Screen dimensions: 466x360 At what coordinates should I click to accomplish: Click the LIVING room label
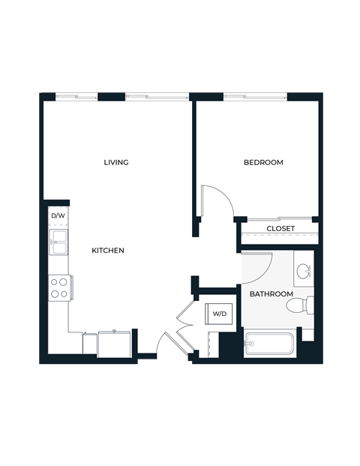click(x=116, y=162)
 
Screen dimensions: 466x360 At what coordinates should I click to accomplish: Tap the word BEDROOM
click(x=263, y=162)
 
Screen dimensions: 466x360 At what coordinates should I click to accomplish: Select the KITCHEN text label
click(x=108, y=250)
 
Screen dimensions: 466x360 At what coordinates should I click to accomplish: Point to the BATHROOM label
click(x=271, y=293)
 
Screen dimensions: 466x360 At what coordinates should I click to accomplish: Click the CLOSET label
click(x=280, y=228)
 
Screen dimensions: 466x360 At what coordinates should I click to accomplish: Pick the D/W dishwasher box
click(x=58, y=216)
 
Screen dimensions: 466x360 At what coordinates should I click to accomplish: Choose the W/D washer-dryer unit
click(x=220, y=314)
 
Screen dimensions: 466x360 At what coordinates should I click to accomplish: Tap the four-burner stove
click(x=58, y=287)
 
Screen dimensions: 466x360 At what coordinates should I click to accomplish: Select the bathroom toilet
click(x=304, y=305)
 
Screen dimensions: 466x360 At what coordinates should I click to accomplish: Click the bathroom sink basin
click(x=304, y=272)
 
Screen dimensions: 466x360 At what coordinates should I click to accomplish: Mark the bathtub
click(x=270, y=345)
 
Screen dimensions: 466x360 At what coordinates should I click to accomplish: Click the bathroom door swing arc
click(x=258, y=266)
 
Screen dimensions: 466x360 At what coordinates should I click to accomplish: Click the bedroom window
click(x=255, y=95)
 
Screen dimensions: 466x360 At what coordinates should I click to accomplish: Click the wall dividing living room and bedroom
click(x=193, y=158)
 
